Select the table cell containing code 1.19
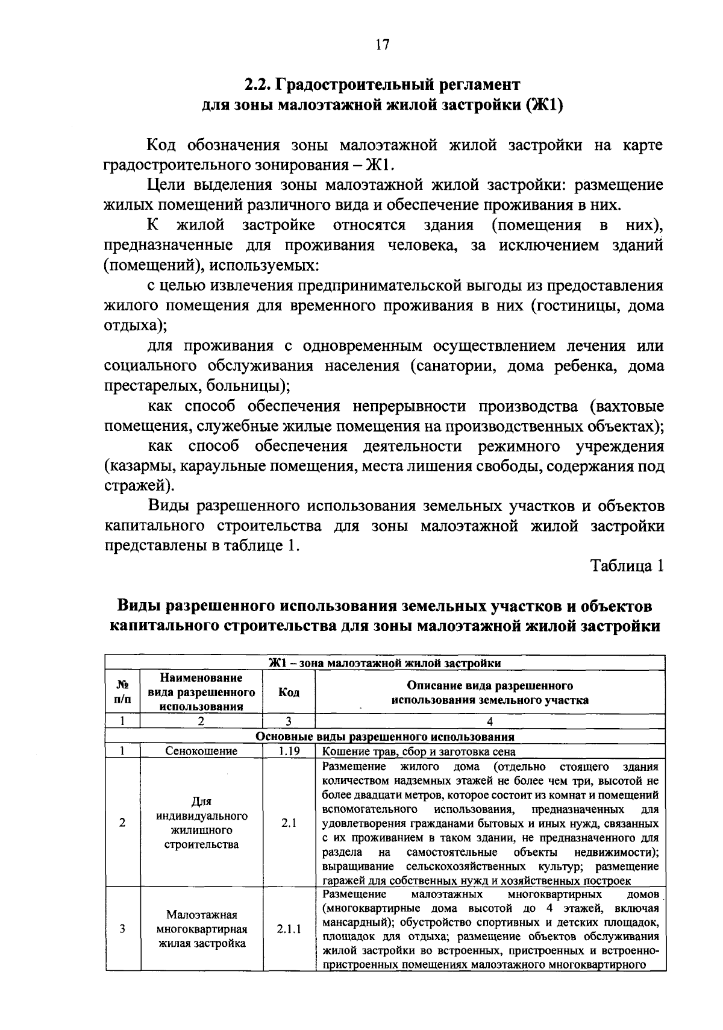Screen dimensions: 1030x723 pyautogui.click(x=289, y=752)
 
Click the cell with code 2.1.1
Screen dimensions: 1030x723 pyautogui.click(x=289, y=929)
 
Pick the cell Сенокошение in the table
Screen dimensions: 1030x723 pyautogui.click(x=201, y=752)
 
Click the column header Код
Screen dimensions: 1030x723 pyautogui.click(x=289, y=692)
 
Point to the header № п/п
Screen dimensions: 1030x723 pyautogui.click(x=122, y=692)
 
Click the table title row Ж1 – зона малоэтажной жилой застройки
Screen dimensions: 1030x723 pyautogui.click(x=384, y=664)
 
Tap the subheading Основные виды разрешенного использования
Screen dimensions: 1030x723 pyautogui.click(x=384, y=736)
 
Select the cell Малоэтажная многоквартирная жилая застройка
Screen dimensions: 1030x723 pyautogui.click(x=201, y=929)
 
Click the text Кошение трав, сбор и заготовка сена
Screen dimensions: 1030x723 pyautogui.click(x=419, y=752)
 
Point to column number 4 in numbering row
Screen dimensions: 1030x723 pyautogui.click(x=489, y=721)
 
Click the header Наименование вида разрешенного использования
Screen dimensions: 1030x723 pyautogui.click(x=201, y=692)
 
